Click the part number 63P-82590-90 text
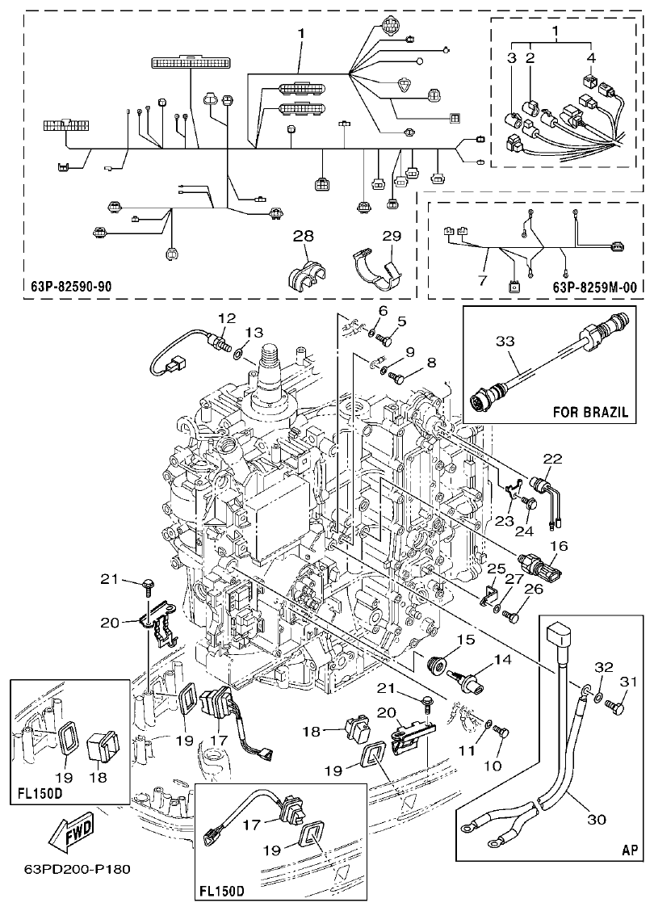pyautogui.click(x=72, y=286)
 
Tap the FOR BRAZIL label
pyautogui.click(x=591, y=410)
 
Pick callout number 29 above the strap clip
pyautogui.click(x=391, y=236)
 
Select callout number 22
pyautogui.click(x=551, y=459)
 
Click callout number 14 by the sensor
pyautogui.click(x=503, y=659)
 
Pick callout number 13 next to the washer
pyautogui.click(x=254, y=332)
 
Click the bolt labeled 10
pyautogui.click(x=499, y=733)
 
